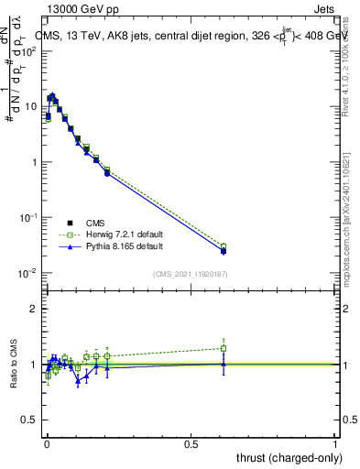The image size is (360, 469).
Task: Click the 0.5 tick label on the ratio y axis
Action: (29, 420)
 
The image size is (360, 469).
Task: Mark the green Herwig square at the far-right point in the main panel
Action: (224, 246)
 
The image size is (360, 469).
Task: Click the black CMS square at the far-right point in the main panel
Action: (224, 250)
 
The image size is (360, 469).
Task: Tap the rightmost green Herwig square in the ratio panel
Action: (224, 348)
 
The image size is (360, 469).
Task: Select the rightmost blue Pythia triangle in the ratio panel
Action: (224, 364)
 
